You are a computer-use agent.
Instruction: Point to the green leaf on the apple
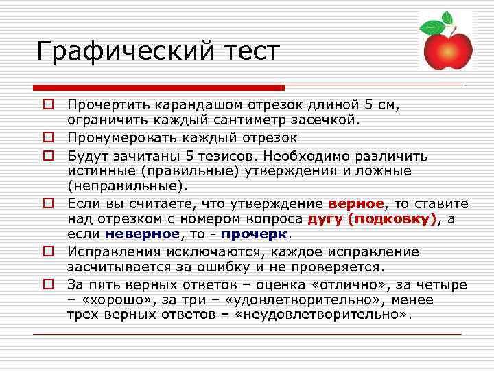click(x=432, y=27)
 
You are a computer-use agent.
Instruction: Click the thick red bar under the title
click(x=158, y=88)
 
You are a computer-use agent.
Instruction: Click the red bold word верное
click(x=357, y=204)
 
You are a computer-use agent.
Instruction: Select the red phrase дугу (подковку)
click(x=373, y=219)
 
